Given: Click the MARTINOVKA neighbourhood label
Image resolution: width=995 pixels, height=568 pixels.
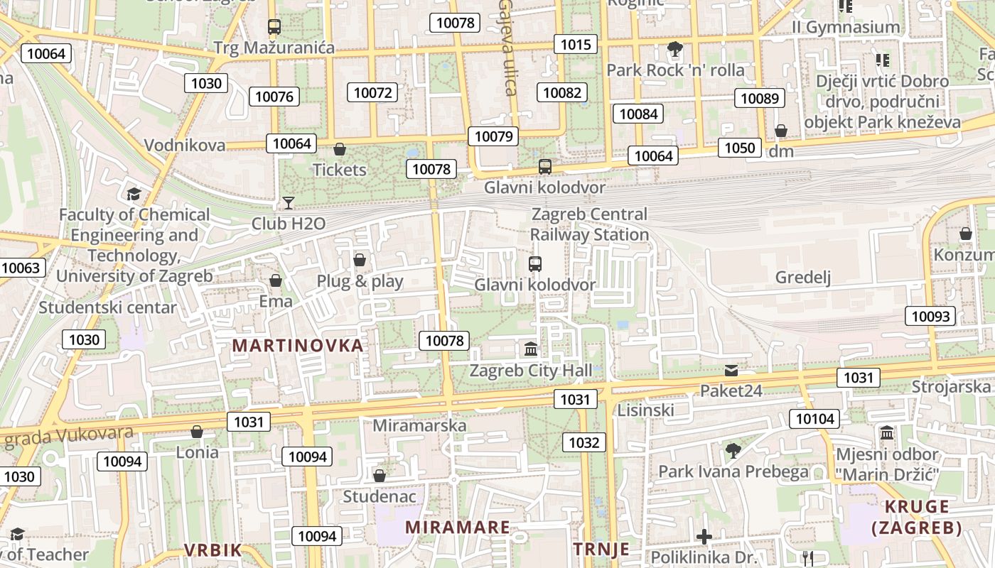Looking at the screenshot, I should [298, 346].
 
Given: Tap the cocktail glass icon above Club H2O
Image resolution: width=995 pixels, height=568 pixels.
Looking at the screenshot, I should [288, 203].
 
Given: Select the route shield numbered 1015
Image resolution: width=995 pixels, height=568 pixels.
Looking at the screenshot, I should [576, 45].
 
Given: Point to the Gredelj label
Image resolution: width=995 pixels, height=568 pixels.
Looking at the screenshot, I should [803, 278].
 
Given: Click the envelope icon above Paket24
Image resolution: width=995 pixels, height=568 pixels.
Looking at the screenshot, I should [731, 371].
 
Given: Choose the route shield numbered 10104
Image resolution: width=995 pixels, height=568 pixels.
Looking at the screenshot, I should [815, 419].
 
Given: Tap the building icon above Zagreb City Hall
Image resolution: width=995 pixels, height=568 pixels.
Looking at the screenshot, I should [531, 349].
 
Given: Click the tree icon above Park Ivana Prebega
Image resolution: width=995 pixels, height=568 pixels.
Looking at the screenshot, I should [733, 450].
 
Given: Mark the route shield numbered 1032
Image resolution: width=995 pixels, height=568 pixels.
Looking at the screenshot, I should [584, 443].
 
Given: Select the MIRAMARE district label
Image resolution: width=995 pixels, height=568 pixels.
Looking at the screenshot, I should [458, 528].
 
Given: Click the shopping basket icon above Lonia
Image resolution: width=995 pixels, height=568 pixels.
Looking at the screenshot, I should [197, 432].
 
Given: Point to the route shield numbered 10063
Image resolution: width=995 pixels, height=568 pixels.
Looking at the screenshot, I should [21, 268].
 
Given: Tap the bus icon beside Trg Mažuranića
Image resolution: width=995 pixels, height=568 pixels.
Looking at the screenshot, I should [274, 27].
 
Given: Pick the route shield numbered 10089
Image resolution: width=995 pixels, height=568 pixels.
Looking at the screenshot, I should [760, 99].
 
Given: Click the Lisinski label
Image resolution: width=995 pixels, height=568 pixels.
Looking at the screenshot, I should [645, 410].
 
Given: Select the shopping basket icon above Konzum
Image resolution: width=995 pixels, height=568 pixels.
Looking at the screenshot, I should [966, 234].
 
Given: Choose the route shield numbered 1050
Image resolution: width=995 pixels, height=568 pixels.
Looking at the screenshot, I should [740, 148].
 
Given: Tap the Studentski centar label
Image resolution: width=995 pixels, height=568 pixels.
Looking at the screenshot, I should [107, 308].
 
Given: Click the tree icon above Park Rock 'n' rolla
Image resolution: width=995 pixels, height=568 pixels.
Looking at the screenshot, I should [675, 49].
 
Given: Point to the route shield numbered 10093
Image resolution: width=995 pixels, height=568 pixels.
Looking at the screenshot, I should [930, 317].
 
